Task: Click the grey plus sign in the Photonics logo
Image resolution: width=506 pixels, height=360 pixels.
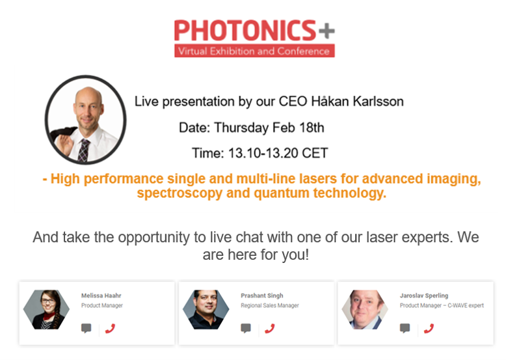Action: (326, 31)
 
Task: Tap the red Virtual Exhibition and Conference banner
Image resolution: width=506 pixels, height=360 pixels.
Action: (254, 51)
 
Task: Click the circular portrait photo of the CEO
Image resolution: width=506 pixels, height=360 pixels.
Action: (85, 120)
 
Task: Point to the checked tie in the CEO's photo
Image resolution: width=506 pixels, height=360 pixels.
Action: (84, 150)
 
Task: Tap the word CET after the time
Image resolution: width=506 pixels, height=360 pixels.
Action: (315, 153)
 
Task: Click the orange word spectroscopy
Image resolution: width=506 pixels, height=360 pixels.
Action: (180, 193)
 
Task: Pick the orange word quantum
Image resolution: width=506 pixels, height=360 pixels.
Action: (282, 193)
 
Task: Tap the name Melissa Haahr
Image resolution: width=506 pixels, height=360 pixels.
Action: (101, 296)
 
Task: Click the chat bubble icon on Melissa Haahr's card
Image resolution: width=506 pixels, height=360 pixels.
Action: (86, 328)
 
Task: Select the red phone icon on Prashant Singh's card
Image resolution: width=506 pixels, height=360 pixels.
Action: (269, 329)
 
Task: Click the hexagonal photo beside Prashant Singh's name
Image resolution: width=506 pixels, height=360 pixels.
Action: (206, 310)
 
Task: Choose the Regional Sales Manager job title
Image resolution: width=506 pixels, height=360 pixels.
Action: (270, 305)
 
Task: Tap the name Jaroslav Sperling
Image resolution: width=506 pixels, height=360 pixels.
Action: (424, 296)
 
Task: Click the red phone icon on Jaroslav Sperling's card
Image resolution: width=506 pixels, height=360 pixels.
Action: (429, 329)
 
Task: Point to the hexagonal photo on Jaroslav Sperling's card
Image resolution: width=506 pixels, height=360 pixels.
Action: (365, 310)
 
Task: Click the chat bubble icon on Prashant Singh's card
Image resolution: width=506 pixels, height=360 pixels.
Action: (246, 328)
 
